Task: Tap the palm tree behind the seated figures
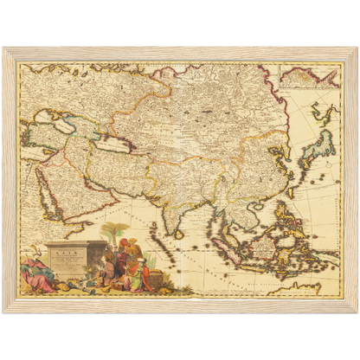click(113, 232)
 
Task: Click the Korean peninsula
click(295, 154)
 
